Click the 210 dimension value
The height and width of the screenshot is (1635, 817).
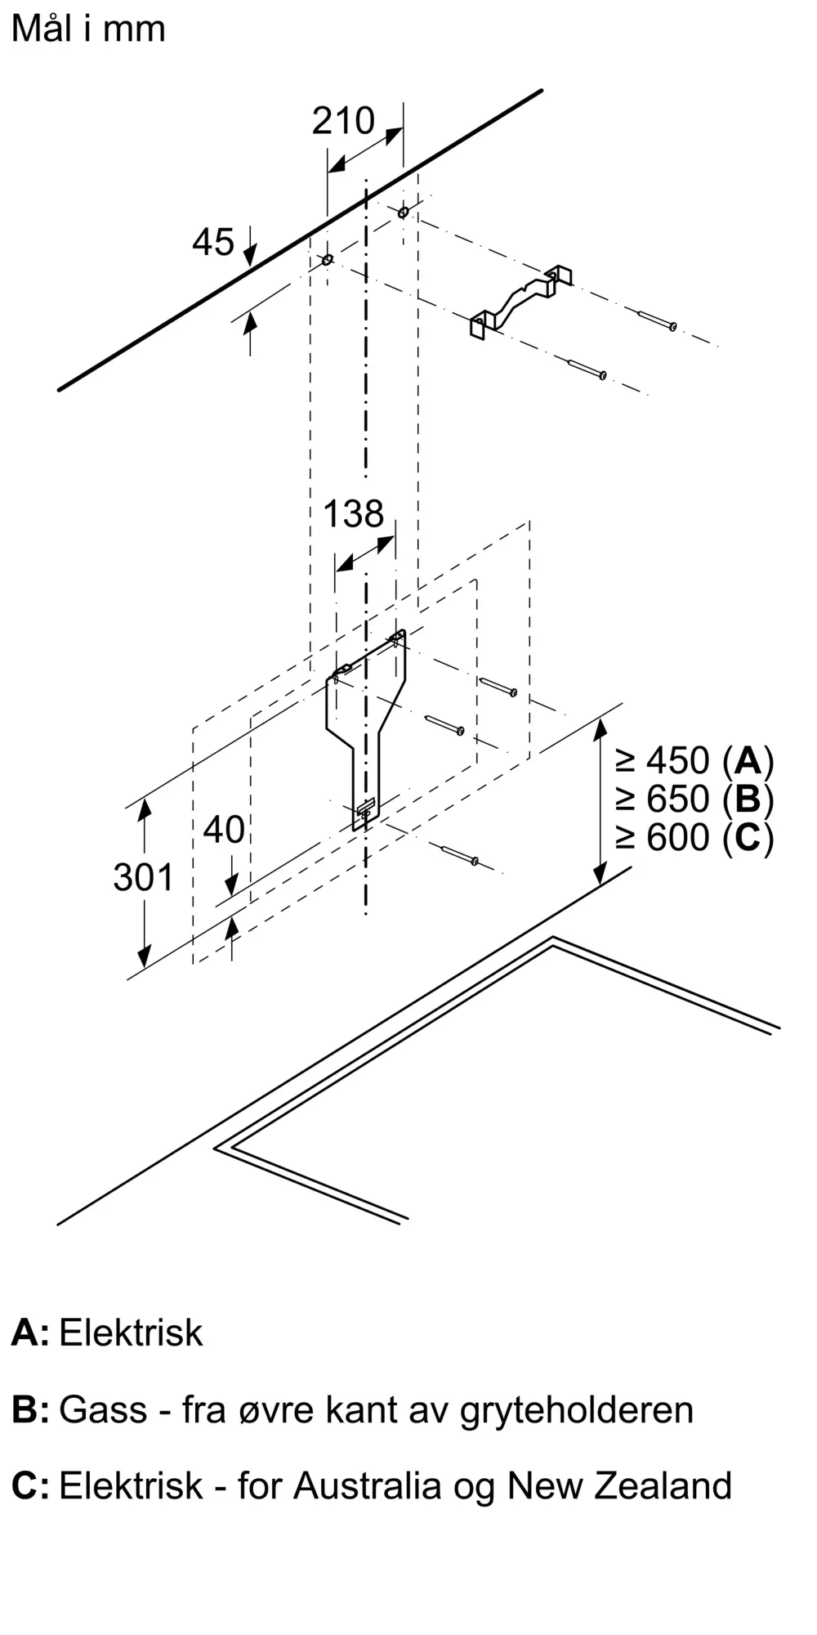point(343,121)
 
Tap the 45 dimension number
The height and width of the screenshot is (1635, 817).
point(213,242)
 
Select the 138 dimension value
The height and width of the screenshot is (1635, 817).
point(353,514)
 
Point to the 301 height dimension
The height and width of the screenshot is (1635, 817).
point(144,877)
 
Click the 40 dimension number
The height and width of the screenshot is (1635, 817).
point(224,830)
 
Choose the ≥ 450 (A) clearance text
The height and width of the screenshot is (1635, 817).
point(694,761)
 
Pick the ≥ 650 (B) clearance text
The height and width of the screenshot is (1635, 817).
point(694,799)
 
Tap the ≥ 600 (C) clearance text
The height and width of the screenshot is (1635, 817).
point(694,837)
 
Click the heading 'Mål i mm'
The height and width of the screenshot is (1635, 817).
point(88,29)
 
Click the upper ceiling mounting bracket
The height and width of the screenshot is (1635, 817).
point(520,302)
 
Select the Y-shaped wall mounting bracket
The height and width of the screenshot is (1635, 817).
point(365,719)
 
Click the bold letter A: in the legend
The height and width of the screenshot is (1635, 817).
point(29,1333)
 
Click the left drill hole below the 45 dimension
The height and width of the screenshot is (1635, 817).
point(327,260)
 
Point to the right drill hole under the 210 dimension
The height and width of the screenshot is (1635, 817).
point(403,213)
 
